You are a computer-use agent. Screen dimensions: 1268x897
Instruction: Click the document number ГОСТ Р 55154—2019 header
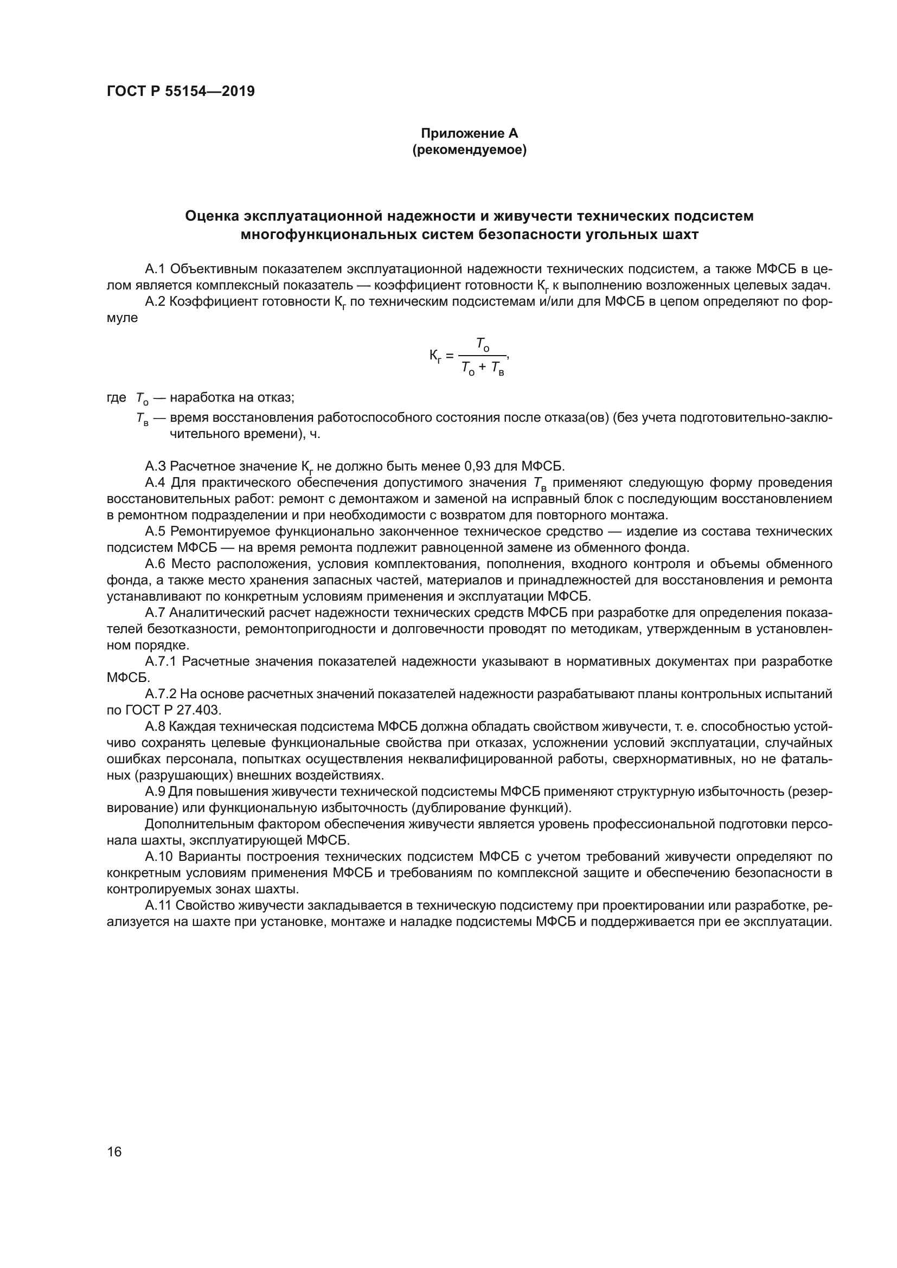(181, 92)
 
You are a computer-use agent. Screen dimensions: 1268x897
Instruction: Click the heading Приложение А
(470, 133)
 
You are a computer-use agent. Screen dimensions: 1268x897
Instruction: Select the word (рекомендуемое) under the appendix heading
(470, 150)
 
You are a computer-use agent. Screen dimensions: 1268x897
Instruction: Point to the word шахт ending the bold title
(680, 235)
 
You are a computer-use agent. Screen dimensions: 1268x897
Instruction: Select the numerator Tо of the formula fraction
(483, 345)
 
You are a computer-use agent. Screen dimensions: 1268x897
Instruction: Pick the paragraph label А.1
(155, 269)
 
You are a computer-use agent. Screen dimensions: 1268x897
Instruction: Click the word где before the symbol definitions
(117, 397)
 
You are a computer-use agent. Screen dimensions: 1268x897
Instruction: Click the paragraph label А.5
(155, 531)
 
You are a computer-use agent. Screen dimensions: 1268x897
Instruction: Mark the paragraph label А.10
(158, 857)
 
